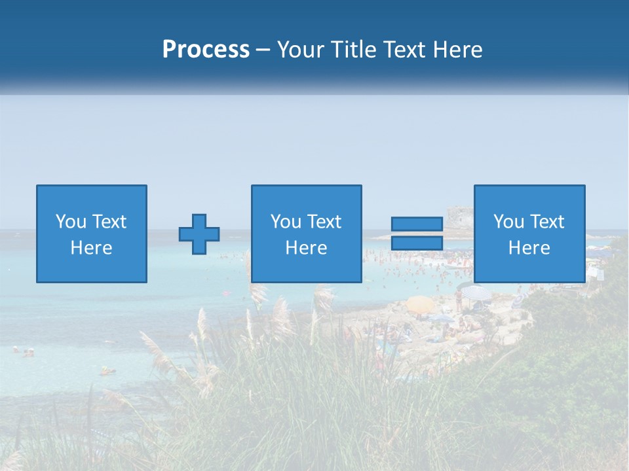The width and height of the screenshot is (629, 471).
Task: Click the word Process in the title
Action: point(206,50)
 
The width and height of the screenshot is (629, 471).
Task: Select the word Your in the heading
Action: point(301,50)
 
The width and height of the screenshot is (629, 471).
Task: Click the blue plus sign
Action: point(199,234)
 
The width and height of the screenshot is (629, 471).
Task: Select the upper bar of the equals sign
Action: point(417,224)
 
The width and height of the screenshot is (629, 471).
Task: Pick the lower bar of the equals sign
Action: point(417,243)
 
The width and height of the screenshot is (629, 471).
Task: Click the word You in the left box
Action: point(71,222)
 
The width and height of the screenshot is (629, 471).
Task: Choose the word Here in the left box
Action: point(91,248)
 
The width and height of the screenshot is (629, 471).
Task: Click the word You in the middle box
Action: point(286,222)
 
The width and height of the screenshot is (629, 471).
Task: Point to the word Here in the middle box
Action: point(306,248)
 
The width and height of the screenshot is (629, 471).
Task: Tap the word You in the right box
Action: point(508,222)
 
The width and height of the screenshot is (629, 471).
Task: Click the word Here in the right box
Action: point(529,248)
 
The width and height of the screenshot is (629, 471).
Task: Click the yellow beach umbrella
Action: point(419,304)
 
